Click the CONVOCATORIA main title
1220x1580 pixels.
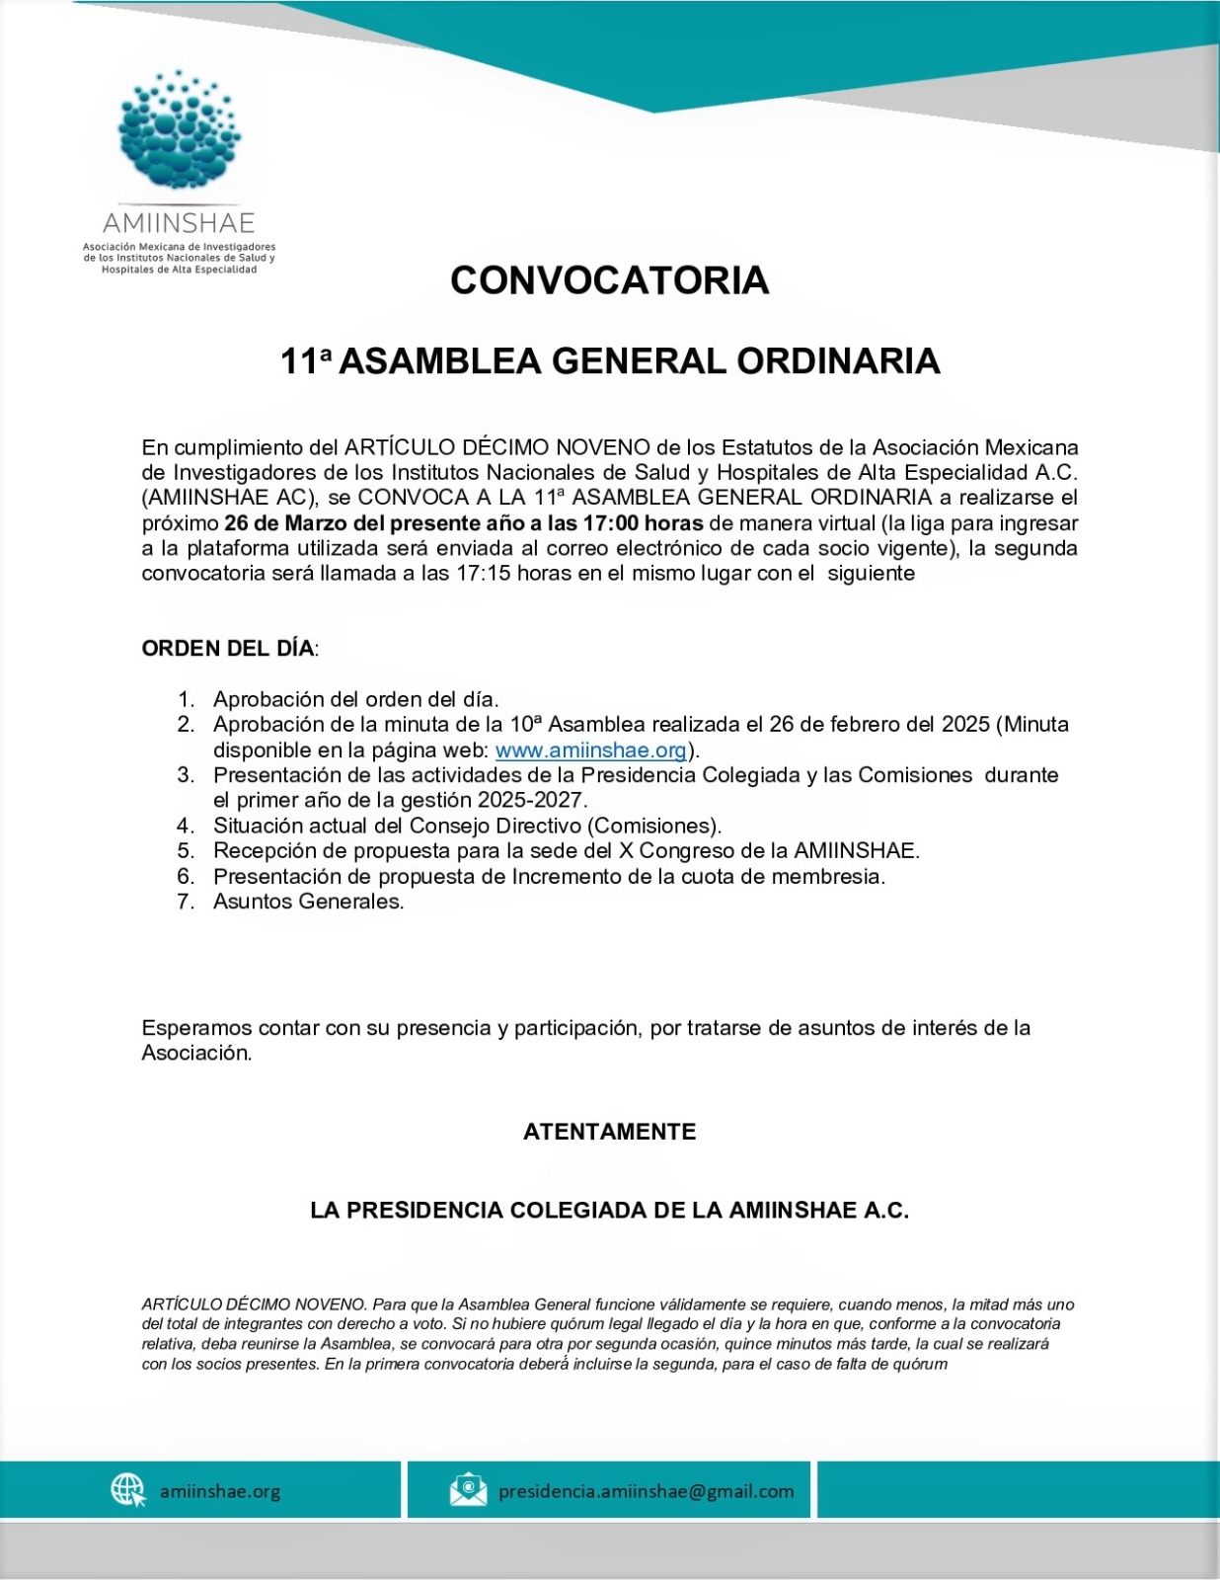pyautogui.click(x=609, y=280)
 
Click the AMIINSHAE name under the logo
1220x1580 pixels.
pyautogui.click(x=179, y=222)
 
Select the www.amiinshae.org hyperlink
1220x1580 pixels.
pyautogui.click(x=590, y=750)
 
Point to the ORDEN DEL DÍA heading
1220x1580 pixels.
pyautogui.click(x=228, y=649)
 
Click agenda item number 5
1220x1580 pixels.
pyautogui.click(x=187, y=850)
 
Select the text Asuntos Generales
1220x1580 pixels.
pyautogui.click(x=308, y=901)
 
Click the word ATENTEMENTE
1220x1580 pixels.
pyautogui.click(x=609, y=1132)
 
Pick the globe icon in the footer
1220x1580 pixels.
pyautogui.click(x=128, y=1489)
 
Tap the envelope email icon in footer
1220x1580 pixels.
pyautogui.click(x=468, y=1489)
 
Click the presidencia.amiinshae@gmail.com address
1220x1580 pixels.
pyautogui.click(x=646, y=1491)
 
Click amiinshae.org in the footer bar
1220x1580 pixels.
pyautogui.click(x=220, y=1491)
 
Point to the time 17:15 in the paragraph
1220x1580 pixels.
pyautogui.click(x=483, y=574)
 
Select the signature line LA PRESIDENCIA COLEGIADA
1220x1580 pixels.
pyautogui.click(x=609, y=1211)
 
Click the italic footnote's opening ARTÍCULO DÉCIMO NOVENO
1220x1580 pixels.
pyautogui.click(x=255, y=1304)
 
